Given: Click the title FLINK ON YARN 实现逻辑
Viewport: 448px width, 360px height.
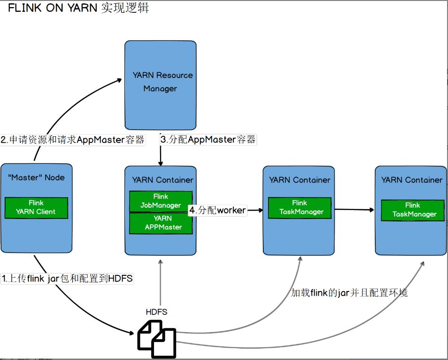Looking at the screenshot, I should click(x=78, y=8).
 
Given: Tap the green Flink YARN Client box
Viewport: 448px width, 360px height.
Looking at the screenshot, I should click(x=36, y=208).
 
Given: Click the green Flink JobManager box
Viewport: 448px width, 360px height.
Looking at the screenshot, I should click(x=161, y=201).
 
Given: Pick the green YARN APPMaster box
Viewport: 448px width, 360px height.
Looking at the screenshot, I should click(x=161, y=223).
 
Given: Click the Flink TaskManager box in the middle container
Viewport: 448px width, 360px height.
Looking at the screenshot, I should click(x=300, y=208).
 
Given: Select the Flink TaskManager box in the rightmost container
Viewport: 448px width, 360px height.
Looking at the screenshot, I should click(x=412, y=210).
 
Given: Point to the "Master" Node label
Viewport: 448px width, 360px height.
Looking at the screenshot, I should click(x=36, y=177).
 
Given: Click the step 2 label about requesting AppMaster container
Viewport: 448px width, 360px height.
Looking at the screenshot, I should click(x=73, y=140).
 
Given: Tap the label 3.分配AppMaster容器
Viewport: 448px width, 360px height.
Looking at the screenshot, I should click(x=208, y=140).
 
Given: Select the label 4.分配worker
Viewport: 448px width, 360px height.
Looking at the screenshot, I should click(x=218, y=211).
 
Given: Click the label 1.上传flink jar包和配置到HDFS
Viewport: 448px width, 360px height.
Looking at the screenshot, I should click(x=67, y=279).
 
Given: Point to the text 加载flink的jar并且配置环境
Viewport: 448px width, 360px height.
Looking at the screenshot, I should click(x=349, y=293).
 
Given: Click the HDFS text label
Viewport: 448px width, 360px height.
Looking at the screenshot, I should click(x=156, y=312).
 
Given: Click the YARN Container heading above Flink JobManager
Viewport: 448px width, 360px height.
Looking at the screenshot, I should click(x=163, y=180).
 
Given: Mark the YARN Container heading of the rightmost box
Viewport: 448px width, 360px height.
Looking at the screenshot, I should click(x=412, y=180).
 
